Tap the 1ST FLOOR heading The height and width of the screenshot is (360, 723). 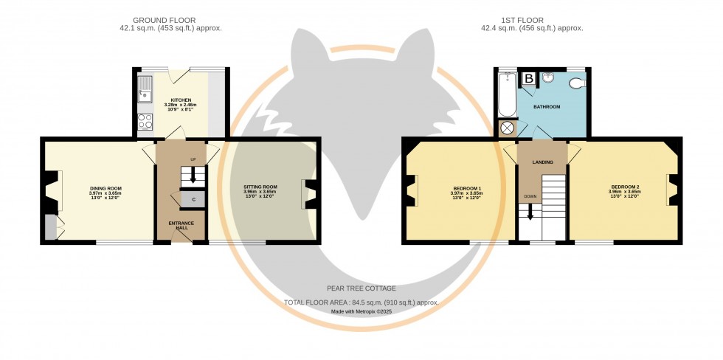(531, 19)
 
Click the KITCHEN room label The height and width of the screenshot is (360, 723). (181, 100)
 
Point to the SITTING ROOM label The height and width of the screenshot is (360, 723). (260, 187)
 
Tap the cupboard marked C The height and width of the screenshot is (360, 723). (193, 199)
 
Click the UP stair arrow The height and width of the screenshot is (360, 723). (193, 175)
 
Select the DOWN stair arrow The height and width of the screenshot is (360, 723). (530, 212)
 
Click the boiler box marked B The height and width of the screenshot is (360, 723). (528, 77)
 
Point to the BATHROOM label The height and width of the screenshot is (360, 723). (547, 107)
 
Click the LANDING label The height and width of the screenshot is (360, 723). (543, 162)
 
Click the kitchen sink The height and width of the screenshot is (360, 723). (144, 89)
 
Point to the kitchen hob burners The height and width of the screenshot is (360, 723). (145, 122)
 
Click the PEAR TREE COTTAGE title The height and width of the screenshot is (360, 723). (361, 288)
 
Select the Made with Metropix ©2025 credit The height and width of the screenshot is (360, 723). (361, 311)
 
